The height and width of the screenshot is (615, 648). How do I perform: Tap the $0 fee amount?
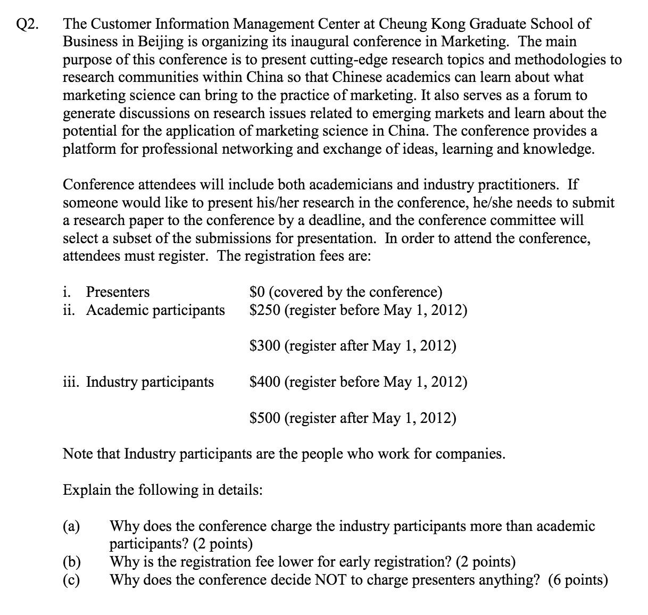(x=257, y=292)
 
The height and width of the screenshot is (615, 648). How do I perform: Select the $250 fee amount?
(x=264, y=310)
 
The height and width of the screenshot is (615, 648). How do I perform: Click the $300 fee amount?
(x=264, y=346)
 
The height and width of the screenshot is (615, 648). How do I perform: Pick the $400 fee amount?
(x=264, y=382)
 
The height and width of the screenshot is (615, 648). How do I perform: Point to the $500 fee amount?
(x=264, y=418)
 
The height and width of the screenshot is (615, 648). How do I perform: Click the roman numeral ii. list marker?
(x=69, y=310)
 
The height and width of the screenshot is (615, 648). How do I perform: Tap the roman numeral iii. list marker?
(x=71, y=382)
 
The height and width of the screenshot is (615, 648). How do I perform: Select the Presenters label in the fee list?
(x=118, y=292)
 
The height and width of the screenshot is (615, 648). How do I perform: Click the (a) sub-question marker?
(x=72, y=527)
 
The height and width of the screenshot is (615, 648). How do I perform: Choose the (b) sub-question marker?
(x=72, y=562)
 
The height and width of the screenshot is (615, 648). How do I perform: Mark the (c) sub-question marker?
(x=72, y=580)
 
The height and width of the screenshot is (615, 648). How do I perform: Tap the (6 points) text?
(x=578, y=580)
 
